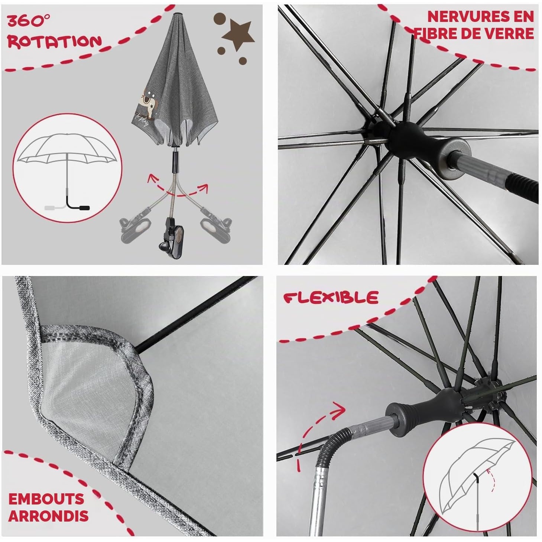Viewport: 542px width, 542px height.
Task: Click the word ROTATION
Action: click(x=55, y=41)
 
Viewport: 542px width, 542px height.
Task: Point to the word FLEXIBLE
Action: click(x=331, y=298)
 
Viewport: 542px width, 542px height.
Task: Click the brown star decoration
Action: click(x=238, y=35)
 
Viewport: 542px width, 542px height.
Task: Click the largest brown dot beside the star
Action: click(x=220, y=19)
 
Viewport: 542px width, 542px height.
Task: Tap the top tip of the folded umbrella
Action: click(x=177, y=14)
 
